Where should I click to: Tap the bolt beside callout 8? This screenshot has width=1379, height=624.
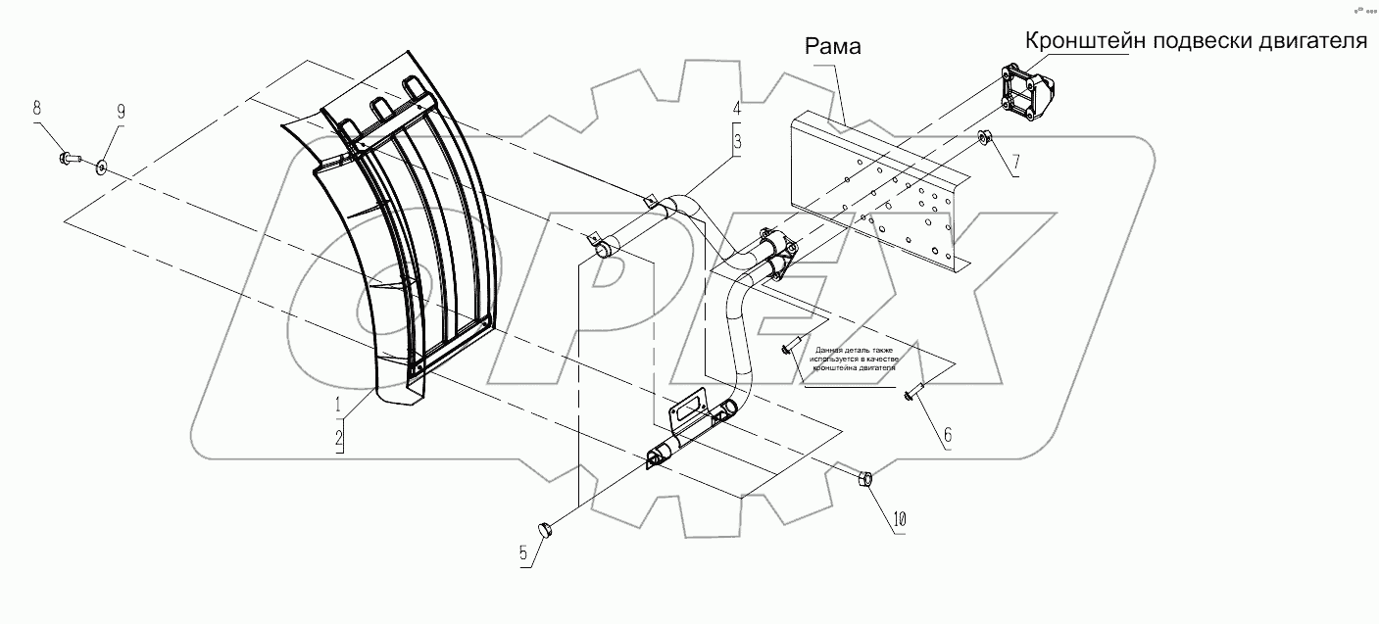tap(69, 156)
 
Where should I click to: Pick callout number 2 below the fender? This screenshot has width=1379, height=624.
tap(339, 440)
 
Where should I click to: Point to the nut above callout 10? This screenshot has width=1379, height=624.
tap(866, 479)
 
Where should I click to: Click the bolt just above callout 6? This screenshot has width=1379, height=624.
tap(912, 394)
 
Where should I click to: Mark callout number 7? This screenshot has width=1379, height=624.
tap(1014, 161)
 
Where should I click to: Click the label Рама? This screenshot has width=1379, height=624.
tap(832, 47)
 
